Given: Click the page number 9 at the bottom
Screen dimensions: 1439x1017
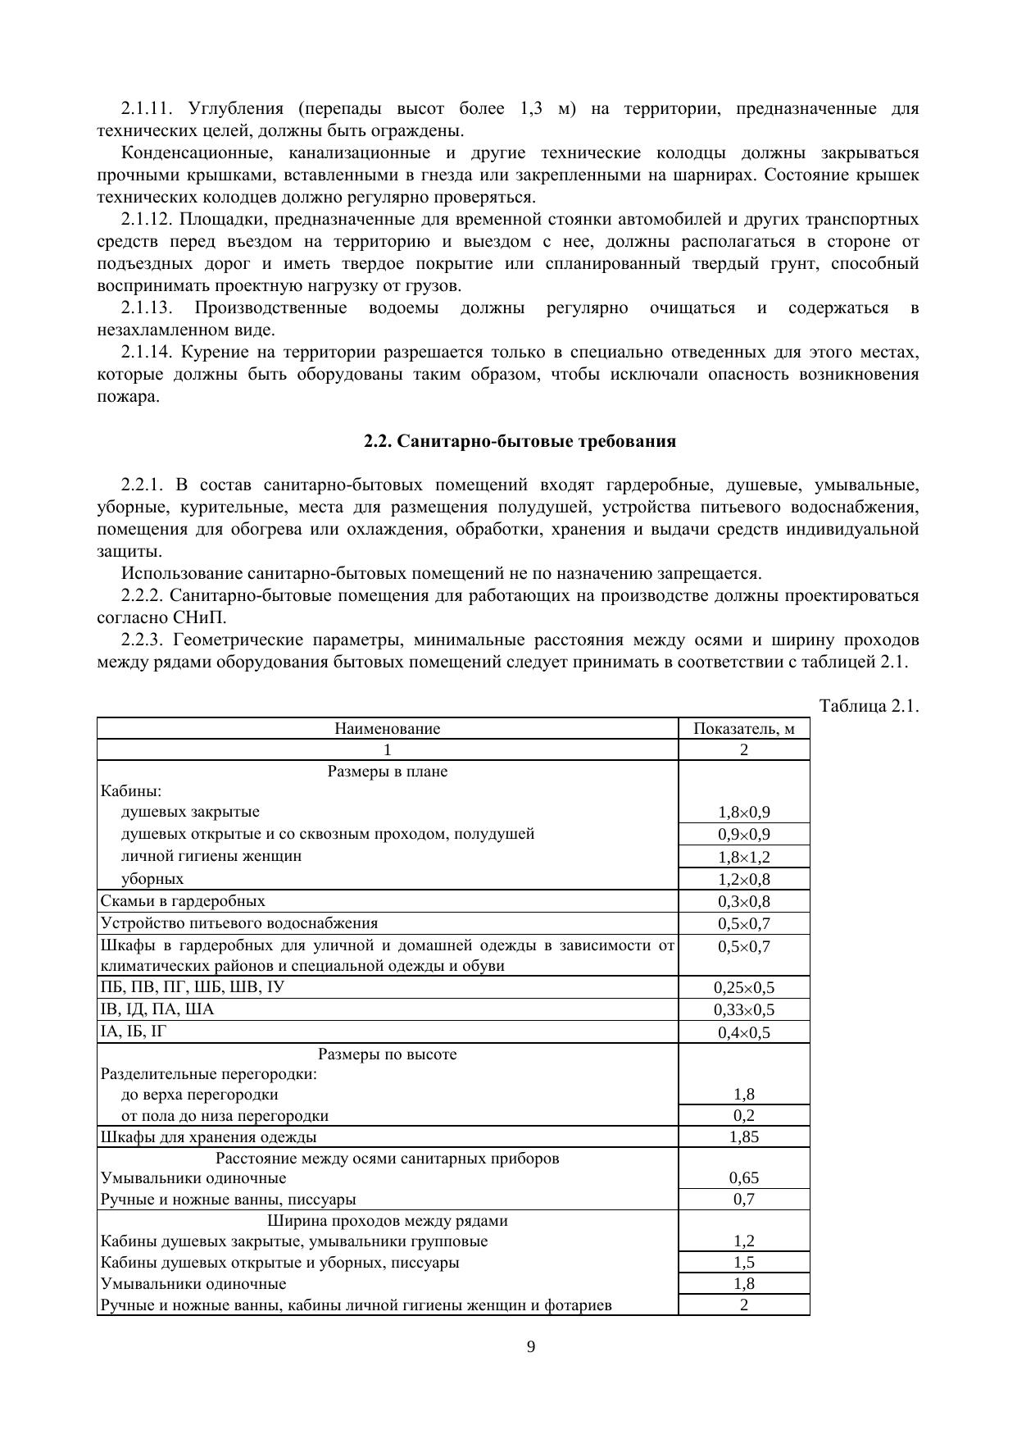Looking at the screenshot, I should pyautogui.click(x=531, y=1346).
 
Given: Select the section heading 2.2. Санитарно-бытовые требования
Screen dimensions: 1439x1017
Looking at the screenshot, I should pyautogui.click(x=520, y=441).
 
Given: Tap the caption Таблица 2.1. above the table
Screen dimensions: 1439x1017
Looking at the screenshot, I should pyautogui.click(x=868, y=706).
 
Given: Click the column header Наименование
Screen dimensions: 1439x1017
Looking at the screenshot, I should pyautogui.click(x=387, y=728).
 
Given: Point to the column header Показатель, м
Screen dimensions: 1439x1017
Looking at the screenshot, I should pyautogui.click(x=743, y=728).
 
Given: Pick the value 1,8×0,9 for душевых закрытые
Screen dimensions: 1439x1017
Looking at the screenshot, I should pyautogui.click(x=743, y=813).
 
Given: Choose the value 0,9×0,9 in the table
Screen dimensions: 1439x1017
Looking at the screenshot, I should pyautogui.click(x=743, y=835).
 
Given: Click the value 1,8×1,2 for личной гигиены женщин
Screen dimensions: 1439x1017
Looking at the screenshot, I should pyautogui.click(x=743, y=857).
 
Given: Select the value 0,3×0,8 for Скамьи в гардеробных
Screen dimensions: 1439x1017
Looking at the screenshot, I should pyautogui.click(x=743, y=901).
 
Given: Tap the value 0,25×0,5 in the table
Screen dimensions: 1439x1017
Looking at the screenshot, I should pyautogui.click(x=743, y=987).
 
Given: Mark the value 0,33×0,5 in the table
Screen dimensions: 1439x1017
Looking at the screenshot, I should pyautogui.click(x=743, y=1009).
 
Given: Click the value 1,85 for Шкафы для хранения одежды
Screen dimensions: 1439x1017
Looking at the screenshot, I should pyautogui.click(x=743, y=1136).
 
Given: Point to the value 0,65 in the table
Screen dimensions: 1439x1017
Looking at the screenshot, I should pyautogui.click(x=743, y=1177).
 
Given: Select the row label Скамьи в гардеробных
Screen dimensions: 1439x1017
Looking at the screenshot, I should pyautogui.click(x=183, y=900).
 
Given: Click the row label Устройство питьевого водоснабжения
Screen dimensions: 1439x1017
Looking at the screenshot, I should pyautogui.click(x=239, y=922).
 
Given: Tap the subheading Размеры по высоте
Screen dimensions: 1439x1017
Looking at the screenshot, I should pyautogui.click(x=387, y=1054).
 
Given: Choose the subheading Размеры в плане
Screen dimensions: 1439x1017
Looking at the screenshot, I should pyautogui.click(x=387, y=771).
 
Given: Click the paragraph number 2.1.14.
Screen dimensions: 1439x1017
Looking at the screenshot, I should pyautogui.click(x=148, y=353).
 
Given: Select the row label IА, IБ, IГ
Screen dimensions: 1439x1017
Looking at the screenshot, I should pyautogui.click(x=133, y=1031).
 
